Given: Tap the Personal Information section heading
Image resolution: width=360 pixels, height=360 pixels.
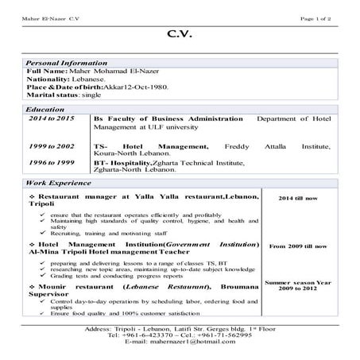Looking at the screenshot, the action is [67, 62].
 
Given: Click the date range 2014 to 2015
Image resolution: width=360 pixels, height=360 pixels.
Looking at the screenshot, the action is [52, 117].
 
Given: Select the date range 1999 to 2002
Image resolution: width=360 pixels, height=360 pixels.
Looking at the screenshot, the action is [52, 147].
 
